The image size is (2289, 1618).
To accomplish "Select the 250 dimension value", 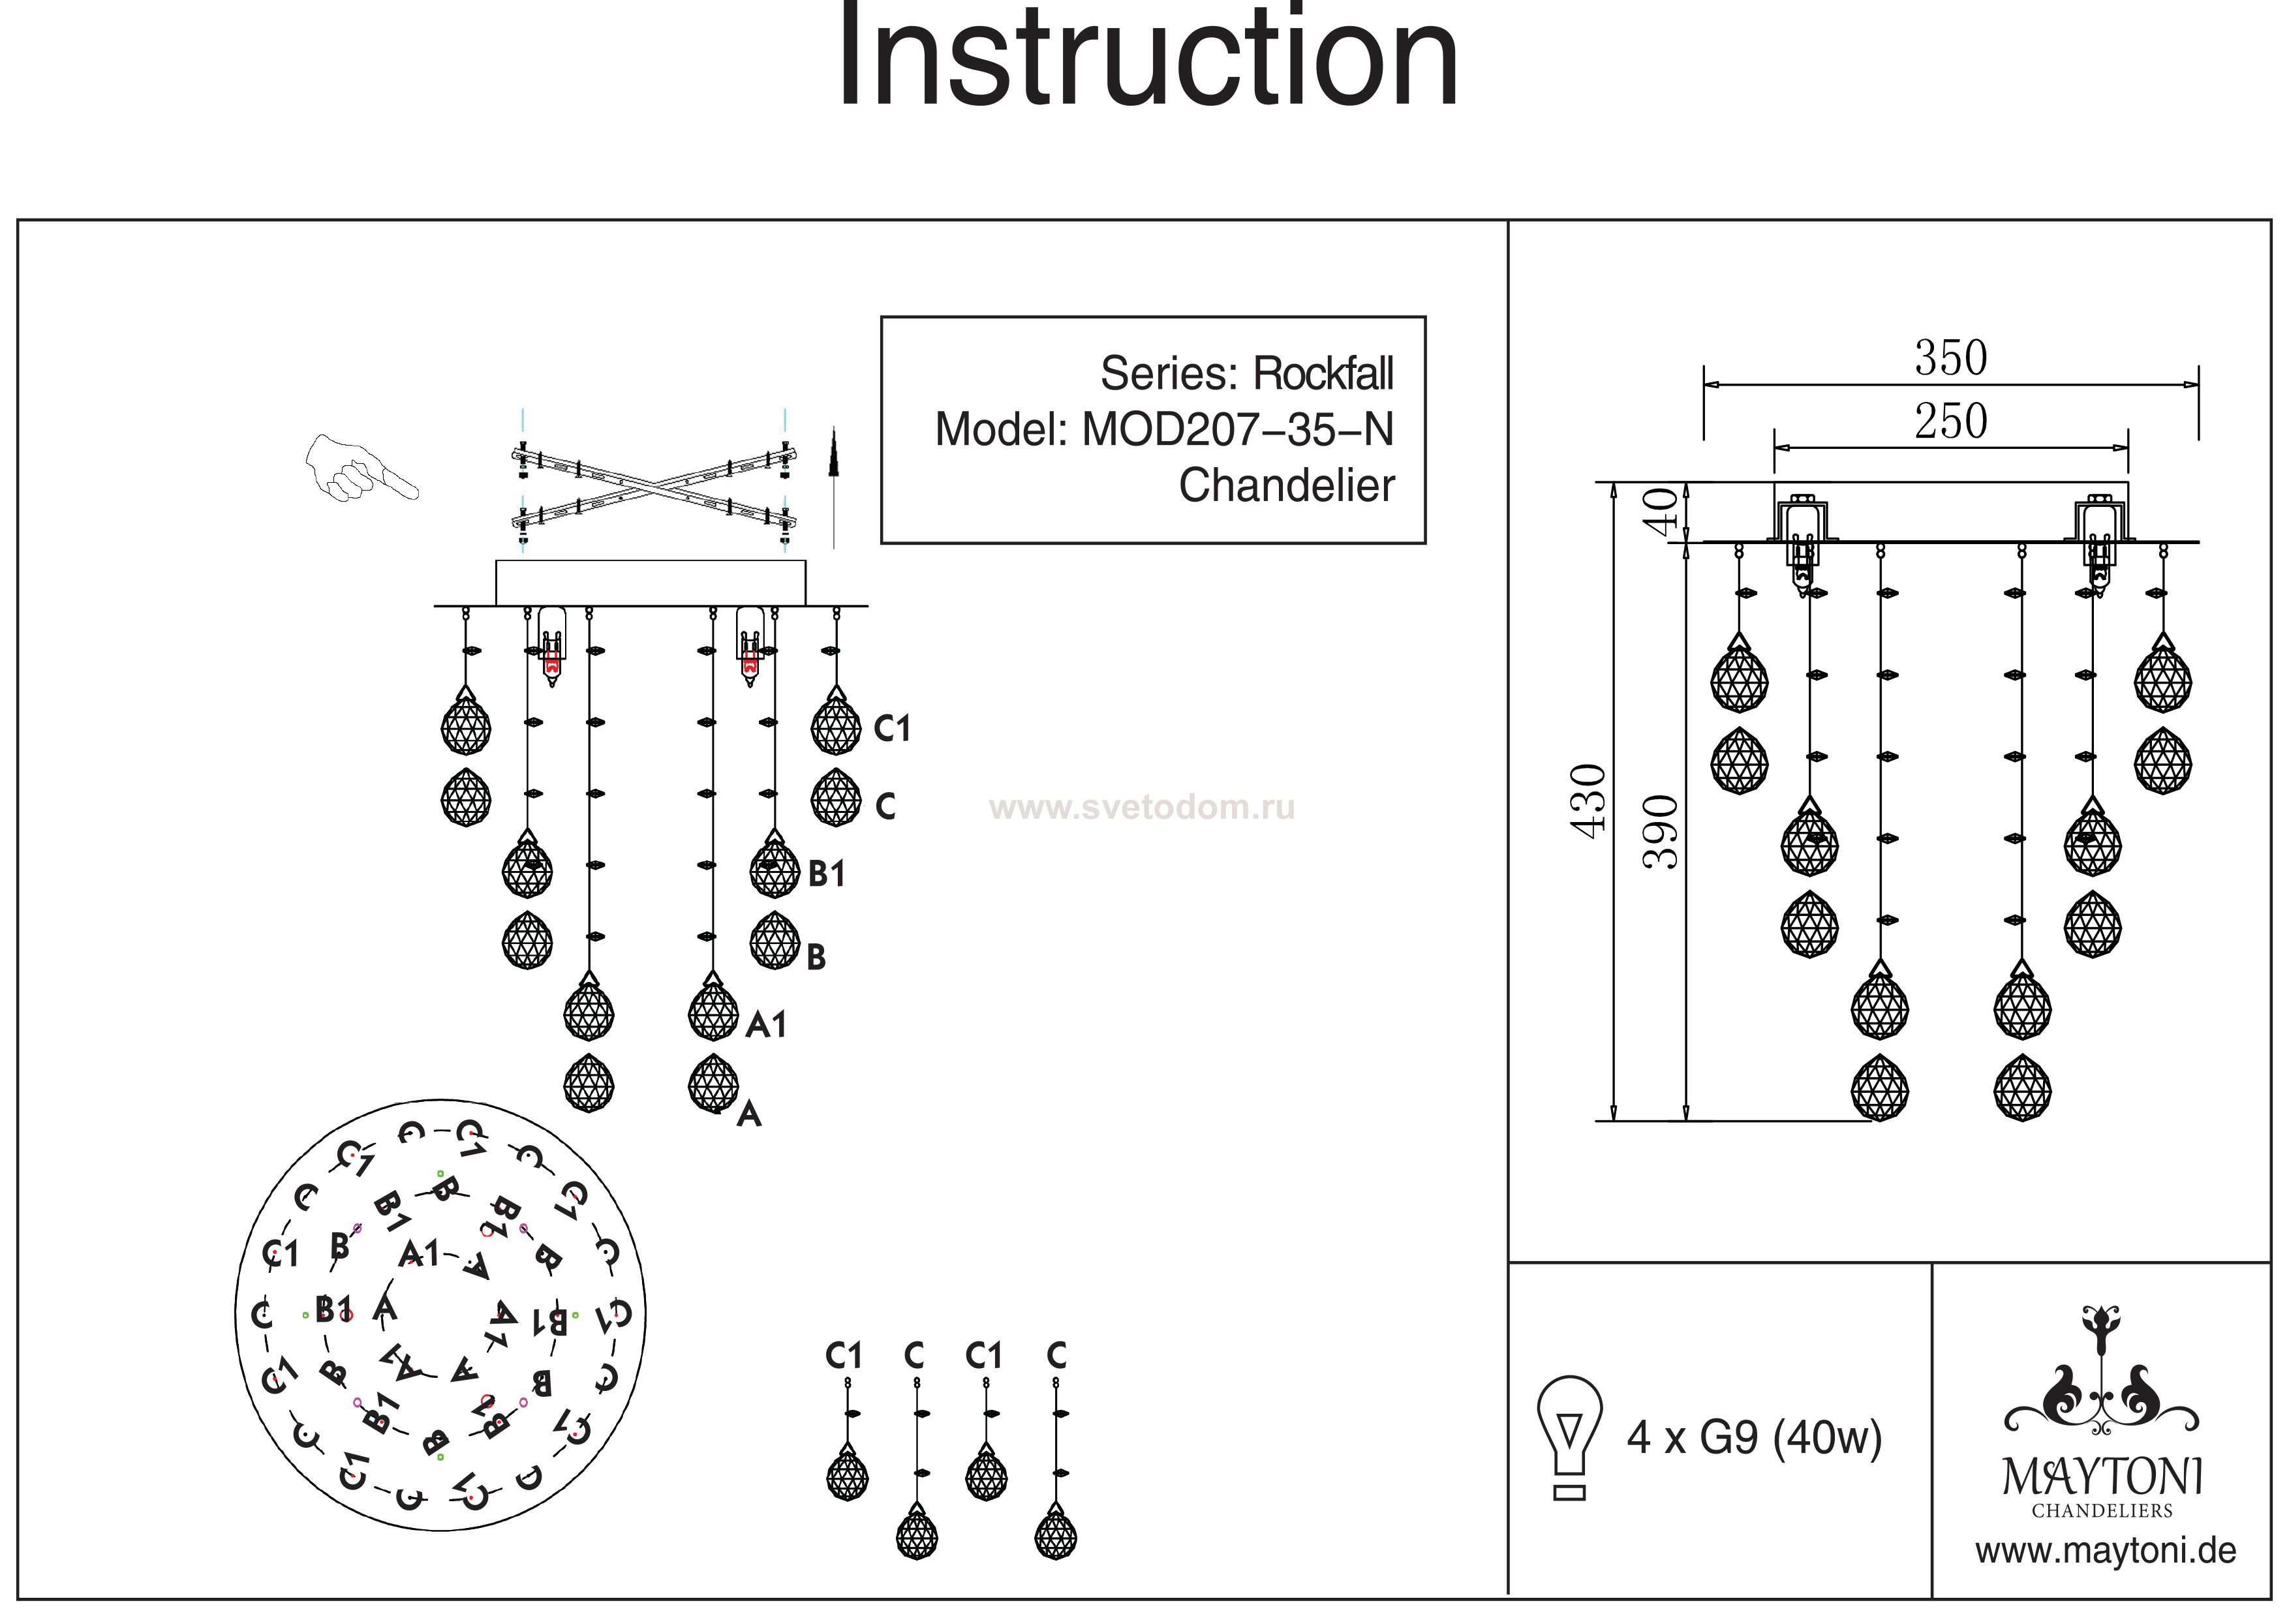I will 1950,421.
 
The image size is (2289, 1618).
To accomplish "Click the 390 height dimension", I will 1660,832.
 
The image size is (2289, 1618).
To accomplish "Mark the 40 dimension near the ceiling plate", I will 1660,511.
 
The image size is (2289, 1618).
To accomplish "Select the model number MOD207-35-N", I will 1237,430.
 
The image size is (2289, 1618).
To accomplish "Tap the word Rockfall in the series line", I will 1323,374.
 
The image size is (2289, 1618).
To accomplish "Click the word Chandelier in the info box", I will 1286,485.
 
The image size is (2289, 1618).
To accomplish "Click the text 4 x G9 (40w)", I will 1754,1437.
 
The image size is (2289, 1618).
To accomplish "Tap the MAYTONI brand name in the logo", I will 2102,1476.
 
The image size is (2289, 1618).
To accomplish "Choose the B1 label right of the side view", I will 827,874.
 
